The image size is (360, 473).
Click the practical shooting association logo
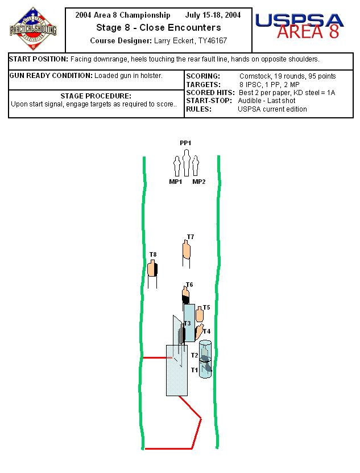point(33,30)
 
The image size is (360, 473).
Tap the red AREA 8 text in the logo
point(308,32)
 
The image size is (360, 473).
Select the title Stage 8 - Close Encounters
point(158,27)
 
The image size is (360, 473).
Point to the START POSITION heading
point(39,59)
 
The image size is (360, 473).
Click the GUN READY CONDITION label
point(51,76)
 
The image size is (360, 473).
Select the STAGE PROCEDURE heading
point(96,96)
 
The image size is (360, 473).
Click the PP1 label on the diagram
point(185,143)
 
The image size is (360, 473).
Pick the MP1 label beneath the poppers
point(176,182)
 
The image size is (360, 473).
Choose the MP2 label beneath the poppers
point(198,182)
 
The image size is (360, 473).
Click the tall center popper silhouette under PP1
point(186,163)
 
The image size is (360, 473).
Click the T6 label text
point(189,285)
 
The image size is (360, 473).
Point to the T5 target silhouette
point(199,315)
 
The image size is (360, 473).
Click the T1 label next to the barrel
point(194,370)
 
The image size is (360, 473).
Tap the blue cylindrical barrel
point(205,360)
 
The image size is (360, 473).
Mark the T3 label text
point(188,323)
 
